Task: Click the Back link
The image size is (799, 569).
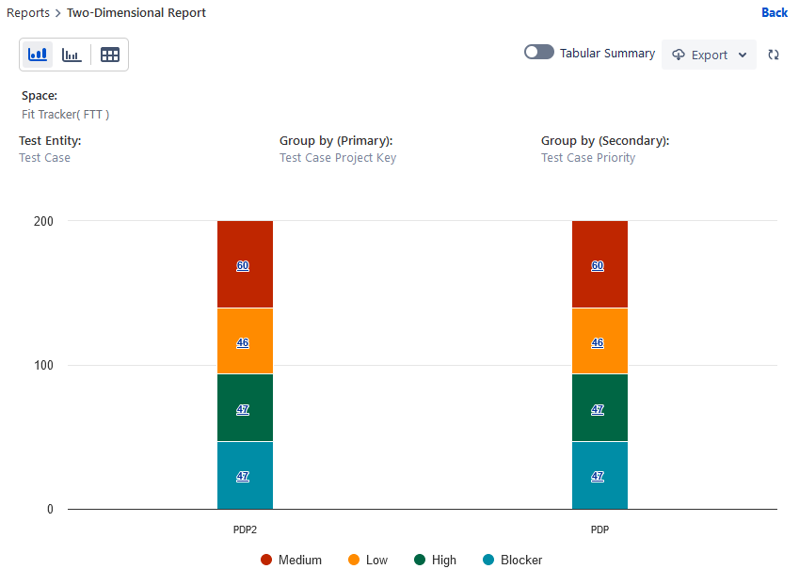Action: click(x=774, y=12)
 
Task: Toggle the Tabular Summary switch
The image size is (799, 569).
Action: click(x=539, y=53)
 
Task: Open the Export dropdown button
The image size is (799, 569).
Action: click(x=709, y=55)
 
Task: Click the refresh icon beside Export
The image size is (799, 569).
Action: click(x=774, y=55)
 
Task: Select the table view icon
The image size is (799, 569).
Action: click(x=110, y=55)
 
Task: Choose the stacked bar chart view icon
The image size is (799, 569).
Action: click(x=38, y=55)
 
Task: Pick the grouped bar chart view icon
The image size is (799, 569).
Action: click(x=72, y=55)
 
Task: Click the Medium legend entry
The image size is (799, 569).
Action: click(x=292, y=560)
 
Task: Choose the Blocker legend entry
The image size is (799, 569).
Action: click(x=513, y=560)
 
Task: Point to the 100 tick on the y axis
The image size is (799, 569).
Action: click(x=46, y=365)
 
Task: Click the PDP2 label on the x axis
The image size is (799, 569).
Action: click(x=245, y=529)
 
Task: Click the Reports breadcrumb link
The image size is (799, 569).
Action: click(x=28, y=13)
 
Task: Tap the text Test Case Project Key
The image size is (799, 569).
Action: click(x=338, y=158)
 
